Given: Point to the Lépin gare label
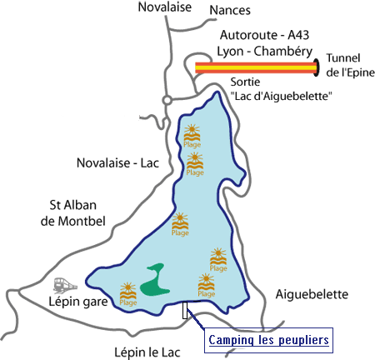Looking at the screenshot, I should pyautogui.click(x=78, y=302).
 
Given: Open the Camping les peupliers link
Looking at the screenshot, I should pyautogui.click(x=268, y=340).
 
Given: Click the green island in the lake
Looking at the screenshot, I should pyautogui.click(x=154, y=280).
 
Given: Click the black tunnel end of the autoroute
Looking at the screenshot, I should pyautogui.click(x=317, y=67).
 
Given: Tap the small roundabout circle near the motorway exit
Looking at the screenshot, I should pyautogui.click(x=167, y=101).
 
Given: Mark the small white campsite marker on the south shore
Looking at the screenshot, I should pyautogui.click(x=185, y=310).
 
